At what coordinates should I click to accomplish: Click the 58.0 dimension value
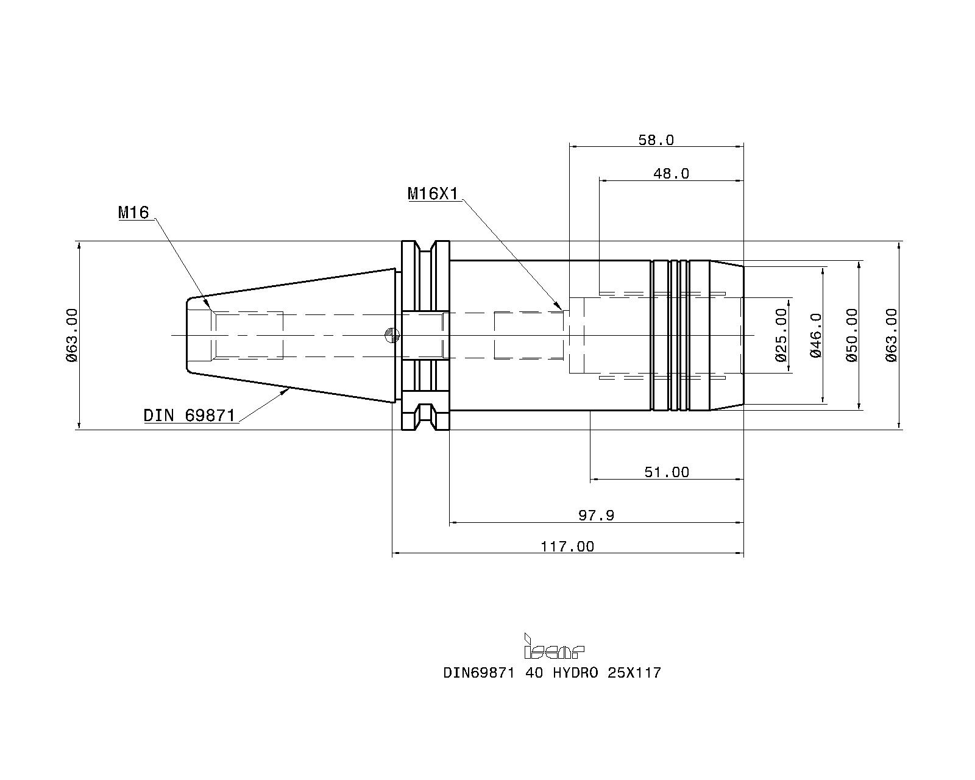point(656,140)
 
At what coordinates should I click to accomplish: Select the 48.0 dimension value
point(671,174)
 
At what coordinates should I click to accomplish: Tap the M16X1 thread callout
point(433,194)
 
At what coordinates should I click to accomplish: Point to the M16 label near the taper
point(133,212)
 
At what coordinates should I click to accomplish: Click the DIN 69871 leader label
point(190,415)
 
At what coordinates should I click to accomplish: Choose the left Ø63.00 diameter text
point(72,335)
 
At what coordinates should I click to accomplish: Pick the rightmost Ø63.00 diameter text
point(891,335)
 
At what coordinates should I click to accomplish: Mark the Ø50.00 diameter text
point(852,335)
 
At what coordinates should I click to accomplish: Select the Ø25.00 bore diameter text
point(782,335)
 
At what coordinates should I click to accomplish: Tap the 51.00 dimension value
point(667,472)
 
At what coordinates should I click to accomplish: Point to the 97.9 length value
point(596,516)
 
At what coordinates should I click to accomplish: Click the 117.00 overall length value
point(567,547)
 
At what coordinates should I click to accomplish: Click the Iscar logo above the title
point(554,646)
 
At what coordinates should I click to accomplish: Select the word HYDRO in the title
point(575,673)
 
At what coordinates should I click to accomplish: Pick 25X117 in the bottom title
point(634,673)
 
